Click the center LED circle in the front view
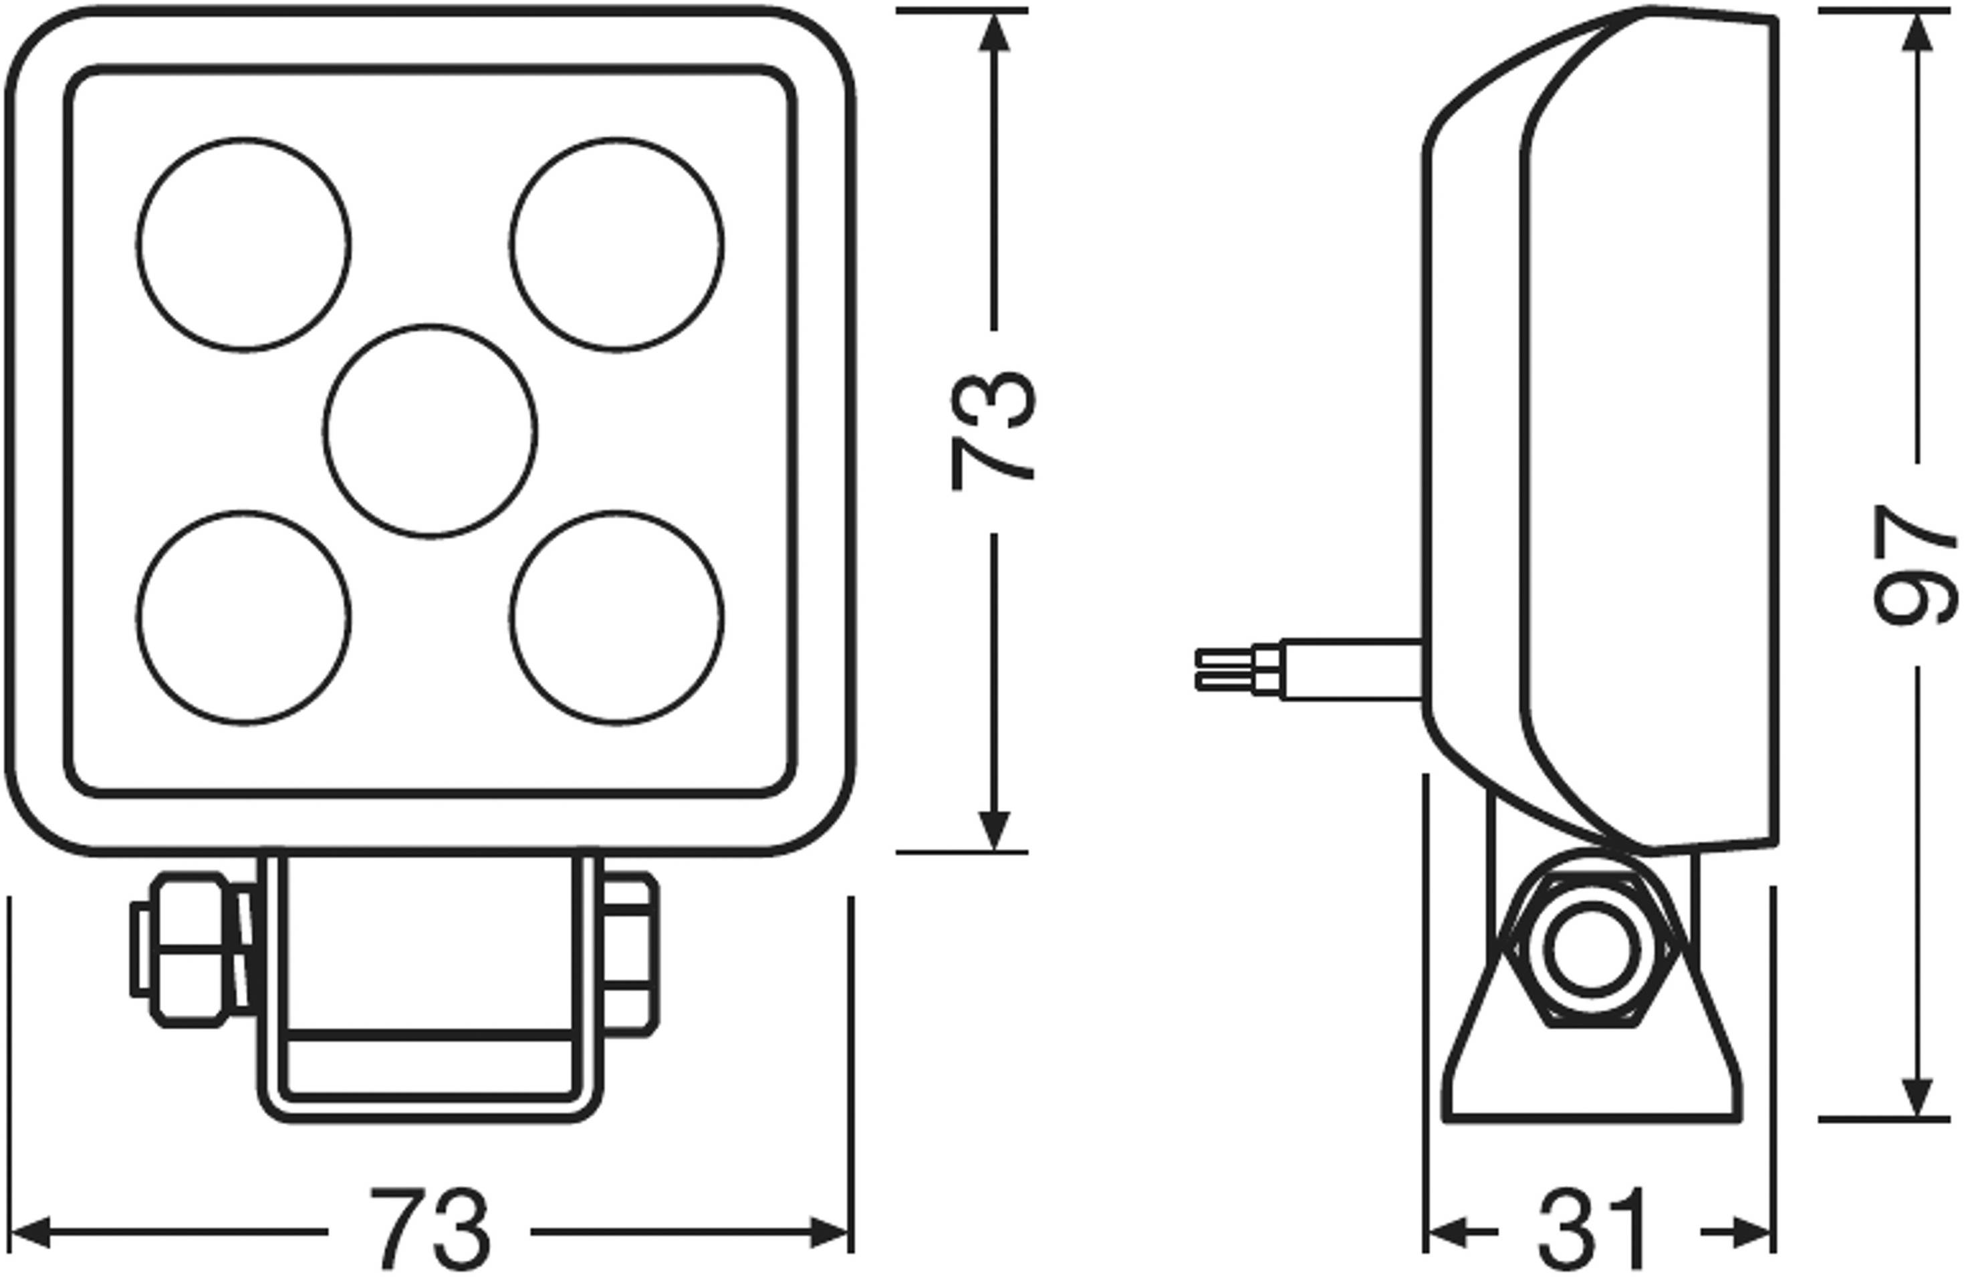pos(430,432)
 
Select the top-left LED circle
pos(243,245)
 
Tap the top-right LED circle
pos(616,245)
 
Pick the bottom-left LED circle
pos(243,618)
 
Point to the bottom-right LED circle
pos(616,618)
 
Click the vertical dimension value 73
pos(993,431)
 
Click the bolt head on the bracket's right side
pos(630,954)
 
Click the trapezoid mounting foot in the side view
pos(1592,1073)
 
